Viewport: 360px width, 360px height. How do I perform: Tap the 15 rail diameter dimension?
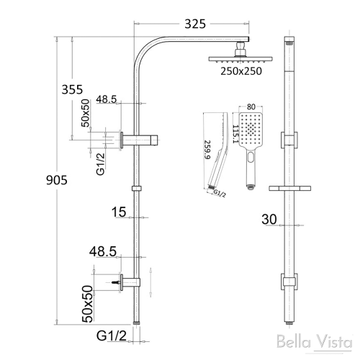click(x=119, y=212)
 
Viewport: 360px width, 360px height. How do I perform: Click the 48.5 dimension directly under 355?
click(x=106, y=98)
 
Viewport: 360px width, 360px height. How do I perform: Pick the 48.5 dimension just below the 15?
click(x=104, y=251)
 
